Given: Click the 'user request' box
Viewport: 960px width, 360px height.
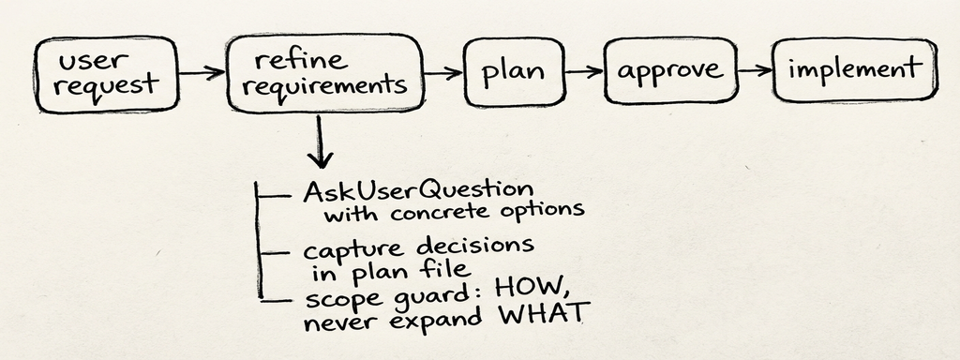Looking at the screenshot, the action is pos(105,74).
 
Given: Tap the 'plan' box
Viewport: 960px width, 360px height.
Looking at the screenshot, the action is pos(515,71).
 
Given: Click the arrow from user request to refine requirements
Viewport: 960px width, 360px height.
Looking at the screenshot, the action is pos(201,73).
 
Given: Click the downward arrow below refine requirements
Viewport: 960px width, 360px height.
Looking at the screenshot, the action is pos(321,141).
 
